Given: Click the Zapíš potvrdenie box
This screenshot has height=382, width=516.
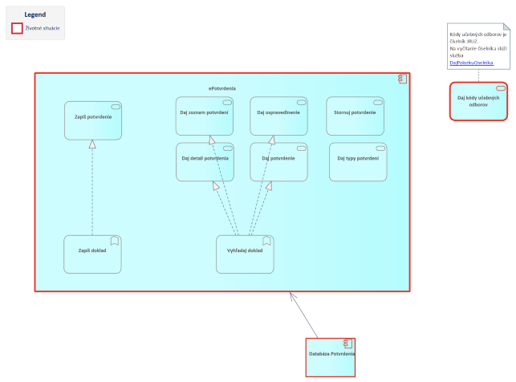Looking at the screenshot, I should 93,120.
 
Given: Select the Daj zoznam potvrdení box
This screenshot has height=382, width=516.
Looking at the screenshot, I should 205,116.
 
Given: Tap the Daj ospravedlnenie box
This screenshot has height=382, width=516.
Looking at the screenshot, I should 278,116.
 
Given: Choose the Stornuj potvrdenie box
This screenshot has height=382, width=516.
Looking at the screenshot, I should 355,116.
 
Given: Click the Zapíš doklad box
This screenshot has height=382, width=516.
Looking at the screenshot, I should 92,254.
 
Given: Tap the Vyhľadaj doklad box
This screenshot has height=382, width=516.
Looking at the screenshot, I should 245,254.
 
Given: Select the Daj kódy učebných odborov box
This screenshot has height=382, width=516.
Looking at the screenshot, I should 478,101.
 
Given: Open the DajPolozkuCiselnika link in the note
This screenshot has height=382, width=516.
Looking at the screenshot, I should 472,63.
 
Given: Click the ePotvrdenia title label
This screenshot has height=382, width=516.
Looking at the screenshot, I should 222,87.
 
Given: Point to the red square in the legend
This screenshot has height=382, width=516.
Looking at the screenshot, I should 17,28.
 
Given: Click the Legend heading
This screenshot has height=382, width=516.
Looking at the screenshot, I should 35,14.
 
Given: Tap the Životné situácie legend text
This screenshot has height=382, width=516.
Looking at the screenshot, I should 43,28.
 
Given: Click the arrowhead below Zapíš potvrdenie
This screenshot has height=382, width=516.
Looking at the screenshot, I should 93,144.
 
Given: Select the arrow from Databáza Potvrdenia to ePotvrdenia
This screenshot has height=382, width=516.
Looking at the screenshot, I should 305,316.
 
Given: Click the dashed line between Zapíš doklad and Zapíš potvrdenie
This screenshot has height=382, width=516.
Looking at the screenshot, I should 93,193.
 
